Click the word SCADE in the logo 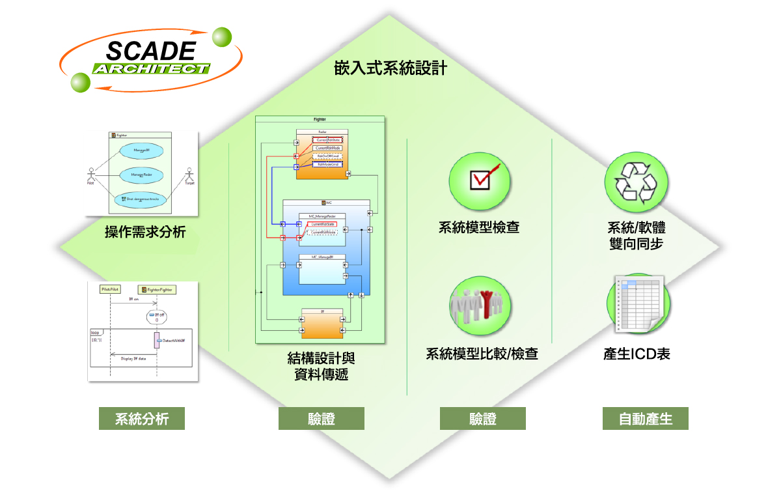click(150, 51)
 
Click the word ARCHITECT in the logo click(151, 68)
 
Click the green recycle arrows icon click(636, 179)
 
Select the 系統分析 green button click(142, 419)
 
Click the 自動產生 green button click(645, 419)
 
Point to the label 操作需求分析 click(144, 231)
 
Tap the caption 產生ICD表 click(637, 354)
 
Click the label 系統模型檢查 click(480, 228)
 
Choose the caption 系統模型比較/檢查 click(482, 354)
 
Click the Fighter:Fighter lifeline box click(157, 289)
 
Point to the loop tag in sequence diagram click(95, 332)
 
